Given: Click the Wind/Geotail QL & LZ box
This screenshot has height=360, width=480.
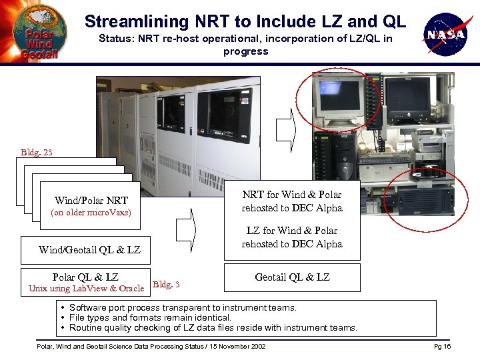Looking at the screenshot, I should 89,250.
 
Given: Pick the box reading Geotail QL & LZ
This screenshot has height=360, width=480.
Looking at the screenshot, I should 292,277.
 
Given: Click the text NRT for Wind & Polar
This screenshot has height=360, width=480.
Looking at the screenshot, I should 292,195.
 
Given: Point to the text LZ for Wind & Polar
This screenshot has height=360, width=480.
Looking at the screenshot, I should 292,231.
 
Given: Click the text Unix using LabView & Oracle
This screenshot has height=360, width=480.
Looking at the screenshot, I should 86,289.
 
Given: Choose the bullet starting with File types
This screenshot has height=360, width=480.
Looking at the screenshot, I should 150,318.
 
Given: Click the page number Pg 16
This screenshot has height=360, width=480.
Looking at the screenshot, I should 442,347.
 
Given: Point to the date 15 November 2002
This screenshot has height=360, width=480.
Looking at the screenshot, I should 233,347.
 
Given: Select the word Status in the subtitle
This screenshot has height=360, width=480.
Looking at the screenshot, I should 114,39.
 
